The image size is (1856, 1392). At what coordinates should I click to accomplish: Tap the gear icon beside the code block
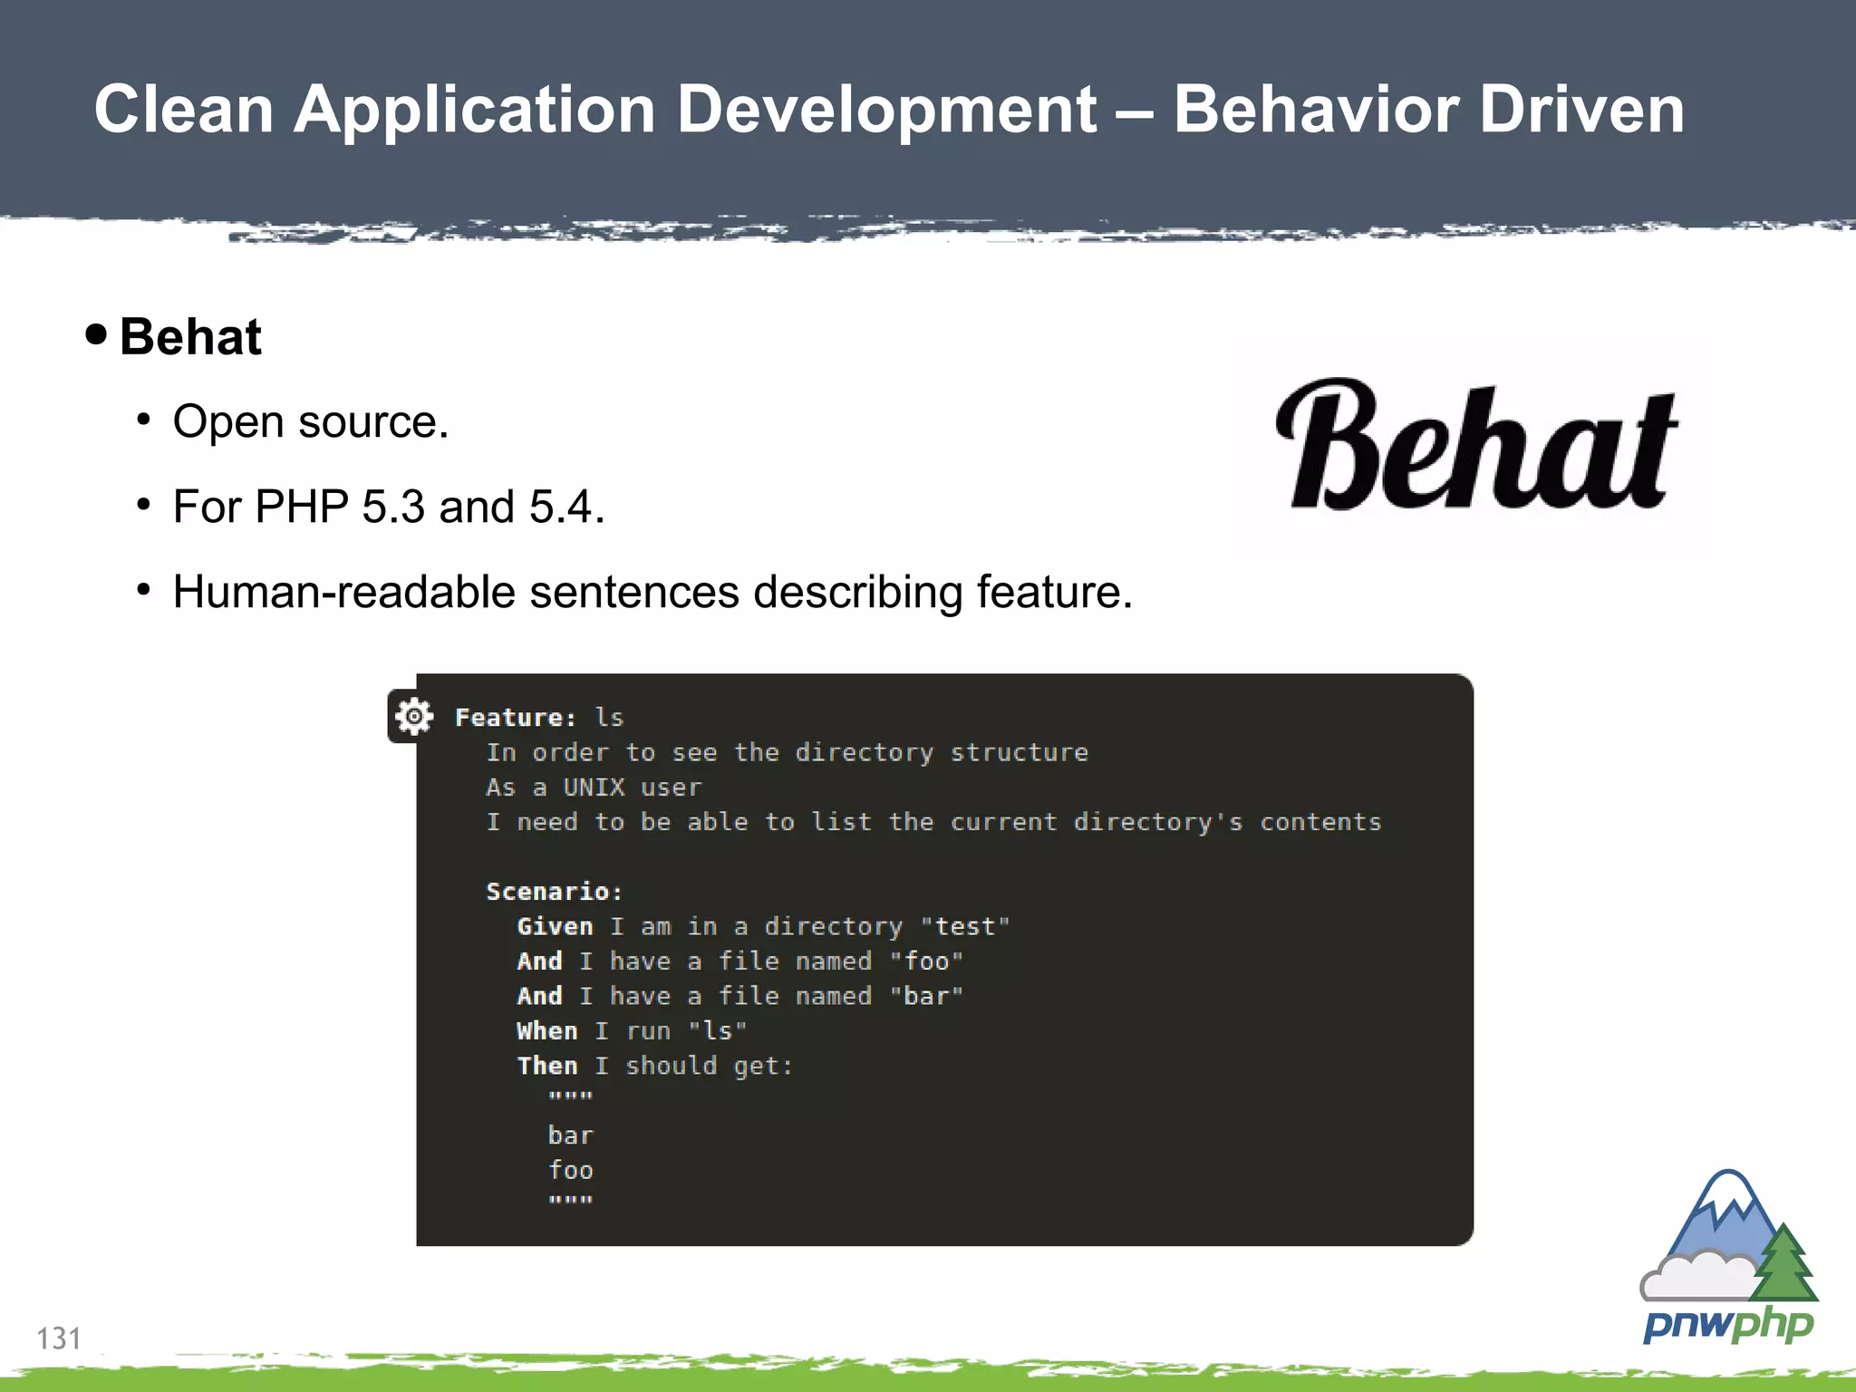point(413,717)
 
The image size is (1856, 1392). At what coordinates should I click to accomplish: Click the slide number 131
point(58,1338)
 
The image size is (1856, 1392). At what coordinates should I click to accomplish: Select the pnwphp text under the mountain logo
point(1727,1324)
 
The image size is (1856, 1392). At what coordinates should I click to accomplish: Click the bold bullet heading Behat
point(190,337)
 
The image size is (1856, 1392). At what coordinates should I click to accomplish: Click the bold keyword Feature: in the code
point(515,718)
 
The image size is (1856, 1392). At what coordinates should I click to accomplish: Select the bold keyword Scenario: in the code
point(554,892)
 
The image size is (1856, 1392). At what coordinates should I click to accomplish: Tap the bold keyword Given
point(555,926)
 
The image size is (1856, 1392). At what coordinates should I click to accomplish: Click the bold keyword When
point(546,1031)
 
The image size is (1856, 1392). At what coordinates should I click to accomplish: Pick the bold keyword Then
point(546,1066)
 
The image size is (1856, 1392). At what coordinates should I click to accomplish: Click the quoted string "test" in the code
point(964,926)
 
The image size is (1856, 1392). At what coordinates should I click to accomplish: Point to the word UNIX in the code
point(594,788)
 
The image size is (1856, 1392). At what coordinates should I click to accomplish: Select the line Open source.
point(310,421)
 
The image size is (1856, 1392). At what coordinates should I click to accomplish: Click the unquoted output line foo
point(570,1170)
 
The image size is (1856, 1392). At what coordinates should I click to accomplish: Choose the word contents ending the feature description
point(1320,822)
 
